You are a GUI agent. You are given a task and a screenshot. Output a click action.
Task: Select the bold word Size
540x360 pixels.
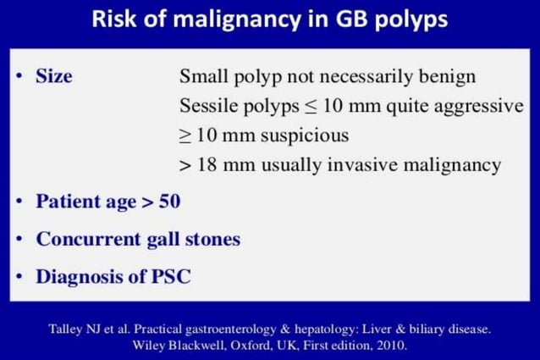(53, 76)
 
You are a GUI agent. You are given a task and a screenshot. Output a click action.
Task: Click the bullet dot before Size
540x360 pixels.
(19, 76)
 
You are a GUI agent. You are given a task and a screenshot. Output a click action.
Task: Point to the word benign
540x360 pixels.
(448, 76)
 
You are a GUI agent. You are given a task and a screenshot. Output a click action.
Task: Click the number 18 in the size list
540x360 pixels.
(207, 165)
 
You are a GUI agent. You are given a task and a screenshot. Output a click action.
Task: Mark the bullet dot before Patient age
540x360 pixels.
(19, 202)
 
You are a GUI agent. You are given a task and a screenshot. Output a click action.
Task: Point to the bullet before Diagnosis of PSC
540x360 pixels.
(19, 276)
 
